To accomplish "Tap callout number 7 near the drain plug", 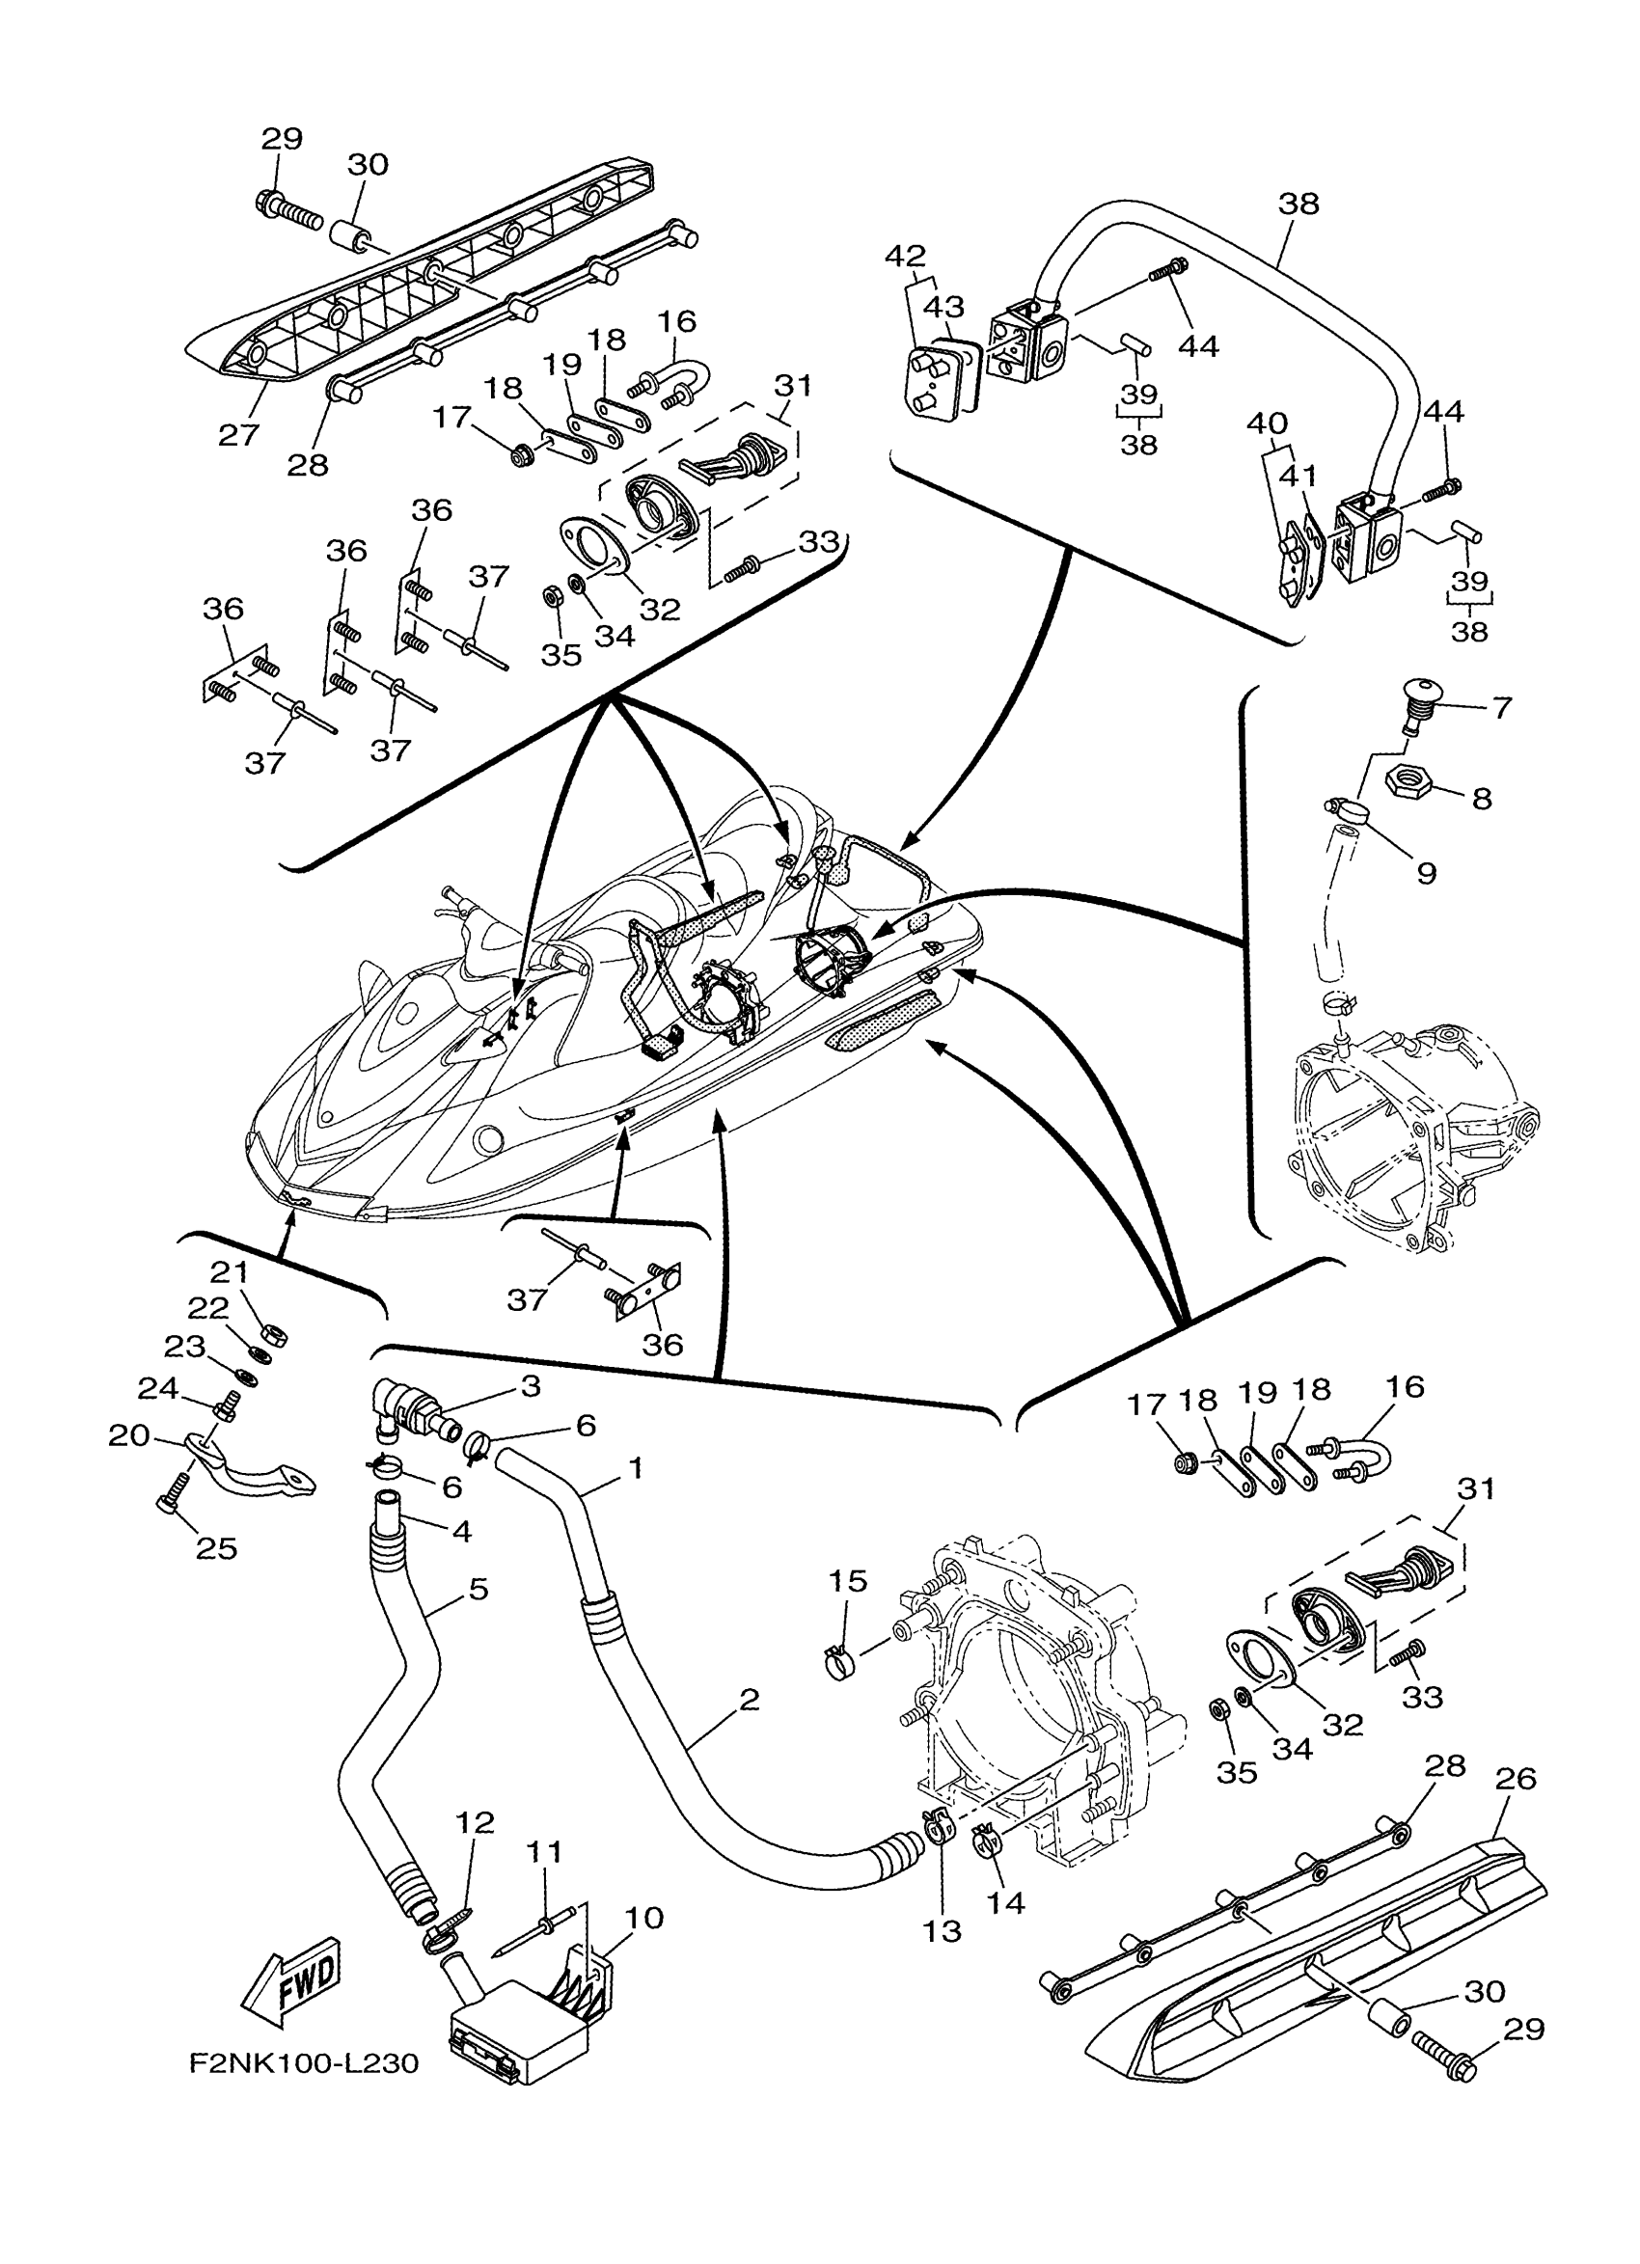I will pyautogui.click(x=1502, y=708).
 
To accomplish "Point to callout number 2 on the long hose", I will pyautogui.click(x=750, y=1699).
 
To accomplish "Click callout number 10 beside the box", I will pyautogui.click(x=643, y=1918).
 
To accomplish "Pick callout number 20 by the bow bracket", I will pyautogui.click(x=128, y=1435).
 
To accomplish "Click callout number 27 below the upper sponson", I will pyautogui.click(x=239, y=434).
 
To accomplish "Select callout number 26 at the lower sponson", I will pyautogui.click(x=1517, y=1778).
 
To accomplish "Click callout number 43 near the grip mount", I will pyautogui.click(x=943, y=307).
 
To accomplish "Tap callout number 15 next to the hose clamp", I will pyautogui.click(x=847, y=1581).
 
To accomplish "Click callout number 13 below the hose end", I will pyautogui.click(x=942, y=1931).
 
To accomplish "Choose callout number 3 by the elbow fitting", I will pyautogui.click(x=531, y=1385).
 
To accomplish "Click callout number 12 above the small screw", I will pyautogui.click(x=476, y=1823).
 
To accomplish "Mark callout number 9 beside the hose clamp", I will pyautogui.click(x=1427, y=872).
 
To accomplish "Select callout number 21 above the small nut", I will pyautogui.click(x=231, y=1272).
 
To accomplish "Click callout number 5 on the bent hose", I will pyautogui.click(x=478, y=1588).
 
